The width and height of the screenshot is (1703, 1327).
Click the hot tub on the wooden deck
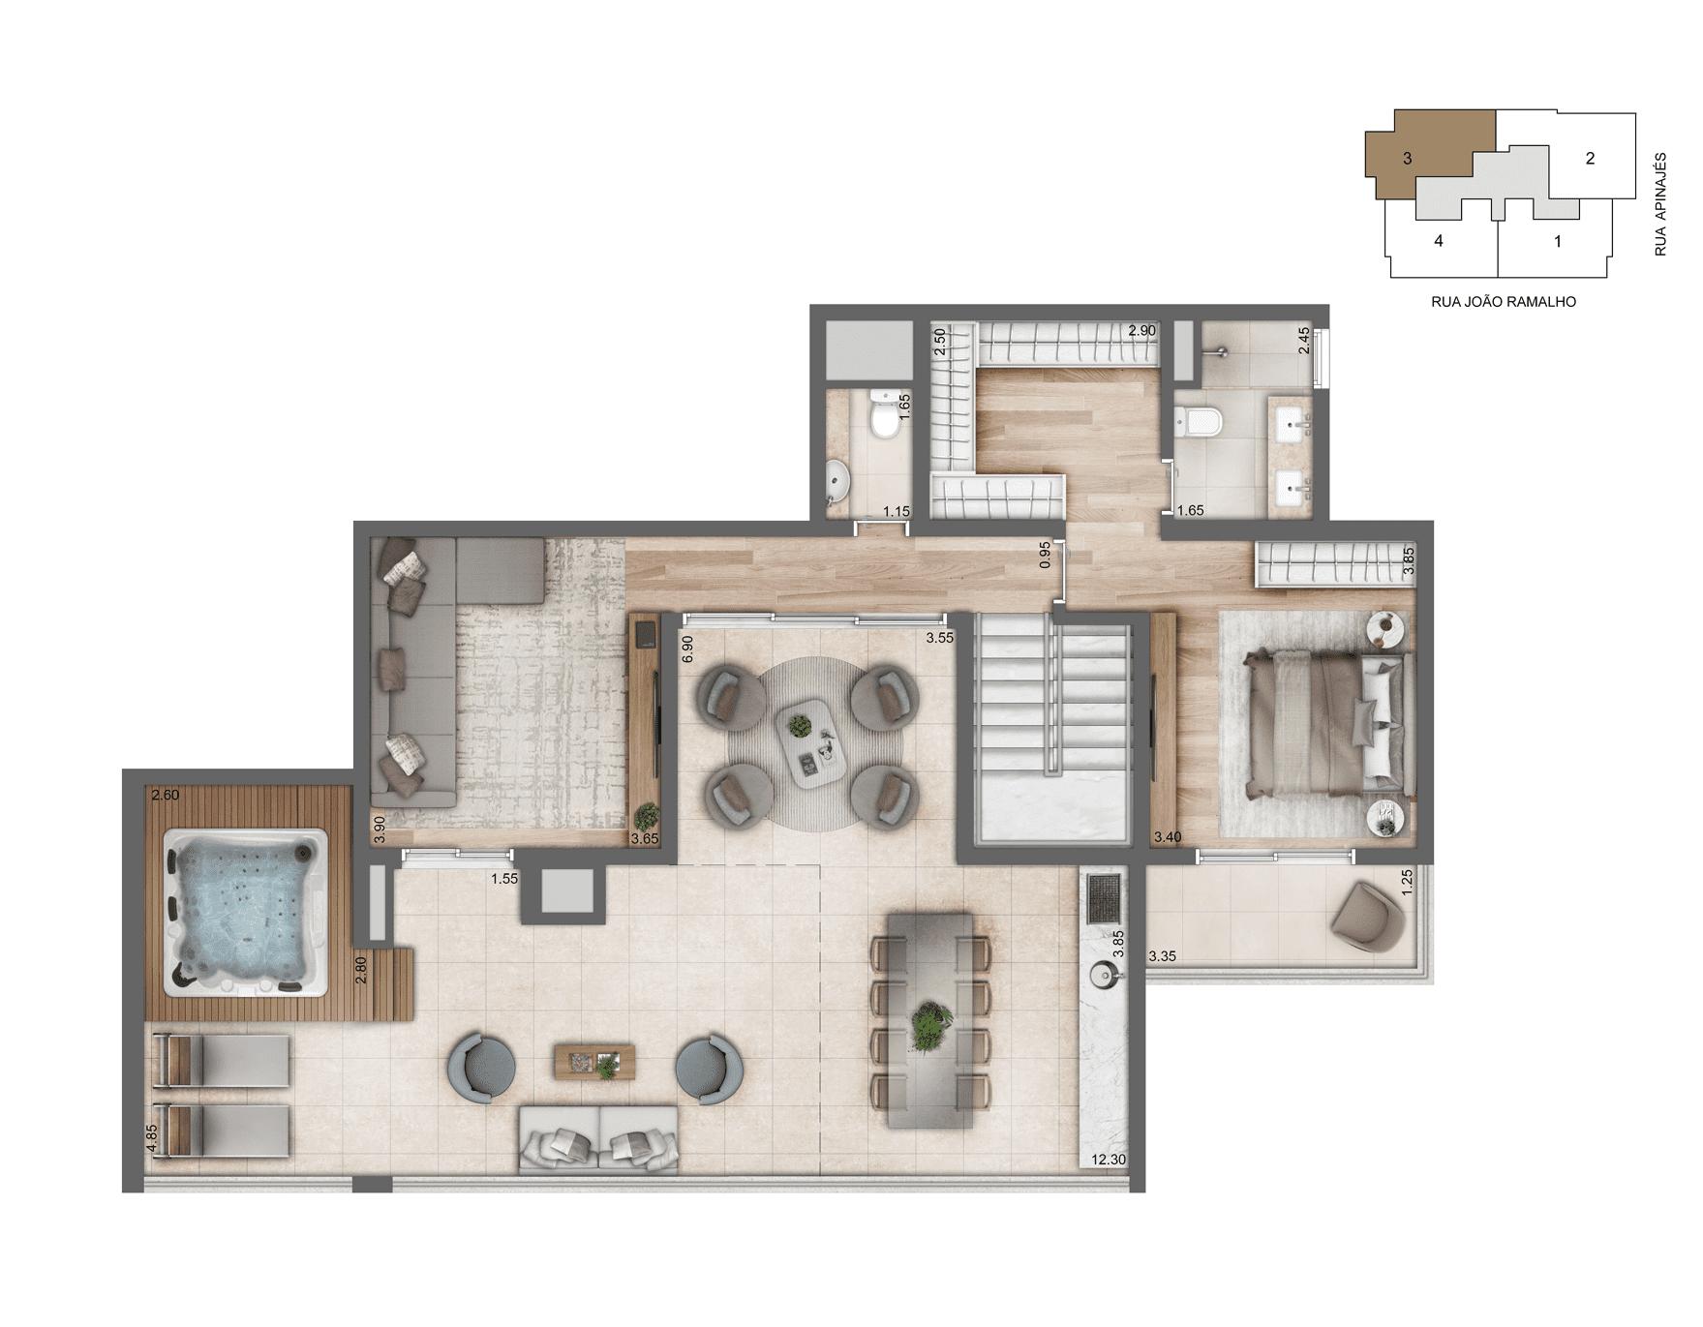coord(246,913)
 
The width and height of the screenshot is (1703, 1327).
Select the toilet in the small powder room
coord(884,416)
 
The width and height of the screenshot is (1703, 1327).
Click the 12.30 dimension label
coord(1109,1160)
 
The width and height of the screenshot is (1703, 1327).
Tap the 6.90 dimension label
coord(687,648)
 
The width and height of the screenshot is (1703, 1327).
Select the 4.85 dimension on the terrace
coord(152,1137)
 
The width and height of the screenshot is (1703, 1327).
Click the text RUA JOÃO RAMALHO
coord(1503,302)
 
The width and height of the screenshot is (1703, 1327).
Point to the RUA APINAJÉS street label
coord(1660,204)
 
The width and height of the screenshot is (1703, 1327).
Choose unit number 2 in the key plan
coord(1590,159)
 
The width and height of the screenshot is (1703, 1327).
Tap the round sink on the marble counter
coord(1103,975)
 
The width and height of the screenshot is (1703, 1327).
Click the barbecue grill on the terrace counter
coord(1104,899)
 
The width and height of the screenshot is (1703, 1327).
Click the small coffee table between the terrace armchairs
coord(593,1062)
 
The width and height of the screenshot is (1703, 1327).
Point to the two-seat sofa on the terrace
coord(598,1142)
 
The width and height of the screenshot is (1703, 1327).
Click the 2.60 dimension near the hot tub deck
coord(166,796)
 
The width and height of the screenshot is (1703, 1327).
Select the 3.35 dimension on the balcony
coord(1162,956)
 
